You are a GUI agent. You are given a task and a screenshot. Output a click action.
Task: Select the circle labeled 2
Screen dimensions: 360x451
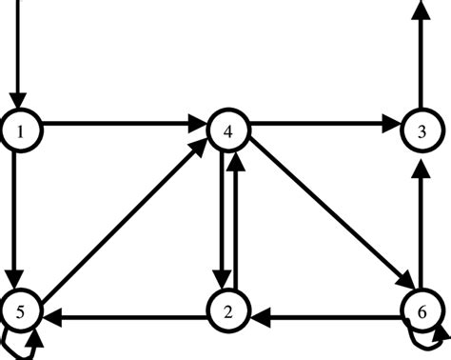[x=228, y=311]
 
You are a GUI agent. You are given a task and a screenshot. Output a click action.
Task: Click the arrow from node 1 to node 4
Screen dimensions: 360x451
[x=124, y=124]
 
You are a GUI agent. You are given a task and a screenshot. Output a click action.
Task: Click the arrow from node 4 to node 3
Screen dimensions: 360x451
[x=324, y=124]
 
